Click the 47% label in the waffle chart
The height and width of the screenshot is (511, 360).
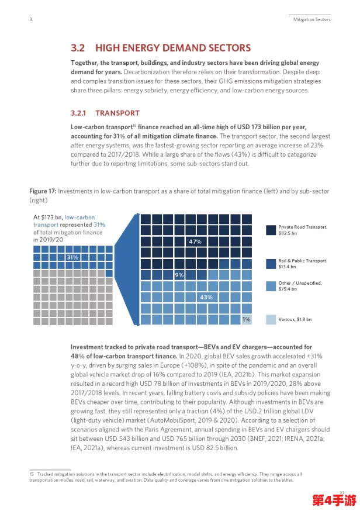[195, 241]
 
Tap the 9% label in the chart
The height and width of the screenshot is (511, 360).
[179, 275]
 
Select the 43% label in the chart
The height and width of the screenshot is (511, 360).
[206, 297]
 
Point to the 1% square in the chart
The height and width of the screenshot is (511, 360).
[247, 319]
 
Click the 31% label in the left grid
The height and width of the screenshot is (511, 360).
[72, 257]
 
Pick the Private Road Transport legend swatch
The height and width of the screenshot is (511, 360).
[271, 230]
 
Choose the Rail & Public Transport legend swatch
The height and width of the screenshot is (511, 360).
[271, 264]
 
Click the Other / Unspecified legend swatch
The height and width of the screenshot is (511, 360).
[271, 286]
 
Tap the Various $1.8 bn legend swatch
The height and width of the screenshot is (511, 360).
[271, 319]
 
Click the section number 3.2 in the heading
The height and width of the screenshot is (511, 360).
[78, 48]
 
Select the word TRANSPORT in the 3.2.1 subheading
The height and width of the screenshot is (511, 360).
[117, 113]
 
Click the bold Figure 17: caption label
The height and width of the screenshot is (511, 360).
[43, 191]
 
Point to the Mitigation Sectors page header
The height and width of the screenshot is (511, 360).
[311, 19]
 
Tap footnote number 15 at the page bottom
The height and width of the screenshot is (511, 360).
[32, 474]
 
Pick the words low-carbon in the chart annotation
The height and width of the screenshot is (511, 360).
[79, 217]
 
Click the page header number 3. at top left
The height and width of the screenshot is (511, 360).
[31, 19]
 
